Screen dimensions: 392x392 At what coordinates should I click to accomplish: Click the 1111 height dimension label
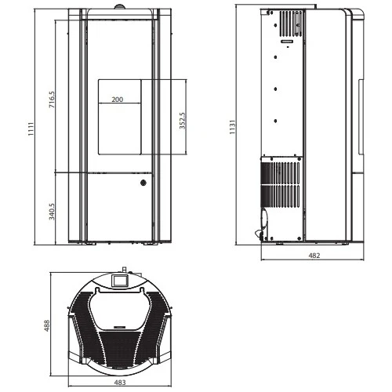coord(31,129)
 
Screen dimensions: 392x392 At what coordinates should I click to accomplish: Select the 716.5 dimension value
coord(52,100)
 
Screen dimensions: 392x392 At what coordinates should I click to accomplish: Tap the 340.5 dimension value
coord(52,212)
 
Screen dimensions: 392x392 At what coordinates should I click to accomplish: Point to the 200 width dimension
coord(118,100)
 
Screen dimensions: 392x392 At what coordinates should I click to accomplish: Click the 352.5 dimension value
coord(183,121)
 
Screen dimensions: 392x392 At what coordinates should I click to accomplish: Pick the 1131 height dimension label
coord(232,127)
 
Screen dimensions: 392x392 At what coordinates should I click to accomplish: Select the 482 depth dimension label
coord(314,256)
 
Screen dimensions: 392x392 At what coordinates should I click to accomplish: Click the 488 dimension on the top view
coord(47,325)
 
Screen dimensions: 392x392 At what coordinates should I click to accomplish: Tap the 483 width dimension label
coord(120,383)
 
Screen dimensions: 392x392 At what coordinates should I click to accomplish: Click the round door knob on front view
coord(143,183)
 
